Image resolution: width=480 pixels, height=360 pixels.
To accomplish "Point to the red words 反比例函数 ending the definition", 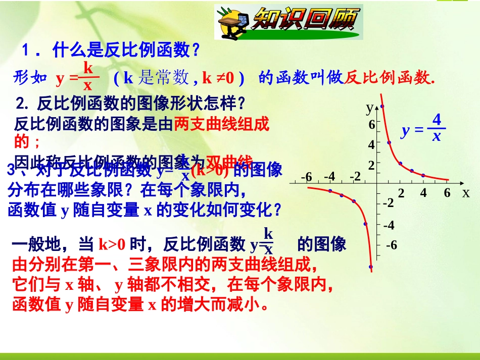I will [389, 78].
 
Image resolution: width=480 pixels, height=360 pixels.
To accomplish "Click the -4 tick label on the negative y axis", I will [389, 225].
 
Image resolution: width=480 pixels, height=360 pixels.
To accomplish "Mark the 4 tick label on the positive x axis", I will [423, 193].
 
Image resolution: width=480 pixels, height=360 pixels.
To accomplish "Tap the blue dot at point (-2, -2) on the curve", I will [353, 201].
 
